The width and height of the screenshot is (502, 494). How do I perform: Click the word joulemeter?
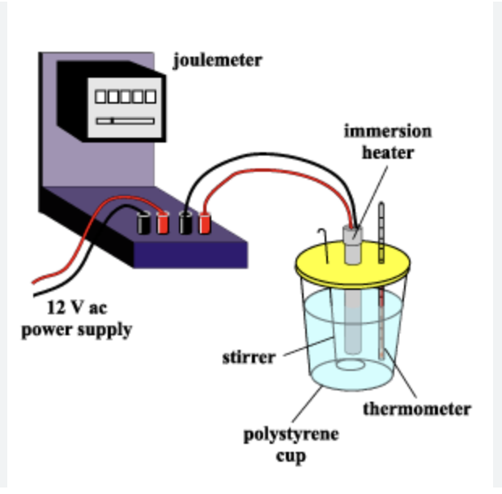click(x=218, y=60)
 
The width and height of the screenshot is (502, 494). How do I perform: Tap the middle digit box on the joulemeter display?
click(x=125, y=96)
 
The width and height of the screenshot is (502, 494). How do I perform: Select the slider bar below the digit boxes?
click(x=125, y=121)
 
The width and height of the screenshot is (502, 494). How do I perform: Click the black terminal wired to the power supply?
click(x=144, y=223)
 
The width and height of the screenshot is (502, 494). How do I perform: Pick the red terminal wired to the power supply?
click(x=163, y=223)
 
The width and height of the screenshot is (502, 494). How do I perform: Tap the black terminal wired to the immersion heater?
click(x=185, y=223)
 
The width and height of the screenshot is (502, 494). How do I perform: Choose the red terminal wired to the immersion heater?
click(x=205, y=223)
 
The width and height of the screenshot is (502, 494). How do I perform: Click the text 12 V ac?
click(x=77, y=308)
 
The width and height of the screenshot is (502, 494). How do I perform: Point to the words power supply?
click(x=77, y=330)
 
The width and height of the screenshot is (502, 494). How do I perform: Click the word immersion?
click(x=388, y=131)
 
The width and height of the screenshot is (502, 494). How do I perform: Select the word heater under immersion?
click(x=388, y=153)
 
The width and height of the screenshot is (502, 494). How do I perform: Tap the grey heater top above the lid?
click(x=353, y=245)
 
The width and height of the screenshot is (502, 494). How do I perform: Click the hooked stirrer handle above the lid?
click(x=324, y=245)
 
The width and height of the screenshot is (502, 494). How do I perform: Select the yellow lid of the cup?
click(x=352, y=263)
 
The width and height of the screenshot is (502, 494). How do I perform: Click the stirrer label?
click(x=249, y=357)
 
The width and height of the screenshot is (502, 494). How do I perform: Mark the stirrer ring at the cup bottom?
click(x=351, y=364)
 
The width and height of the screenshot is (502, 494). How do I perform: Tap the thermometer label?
click(x=417, y=409)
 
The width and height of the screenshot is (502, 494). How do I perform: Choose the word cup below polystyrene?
click(x=291, y=456)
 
